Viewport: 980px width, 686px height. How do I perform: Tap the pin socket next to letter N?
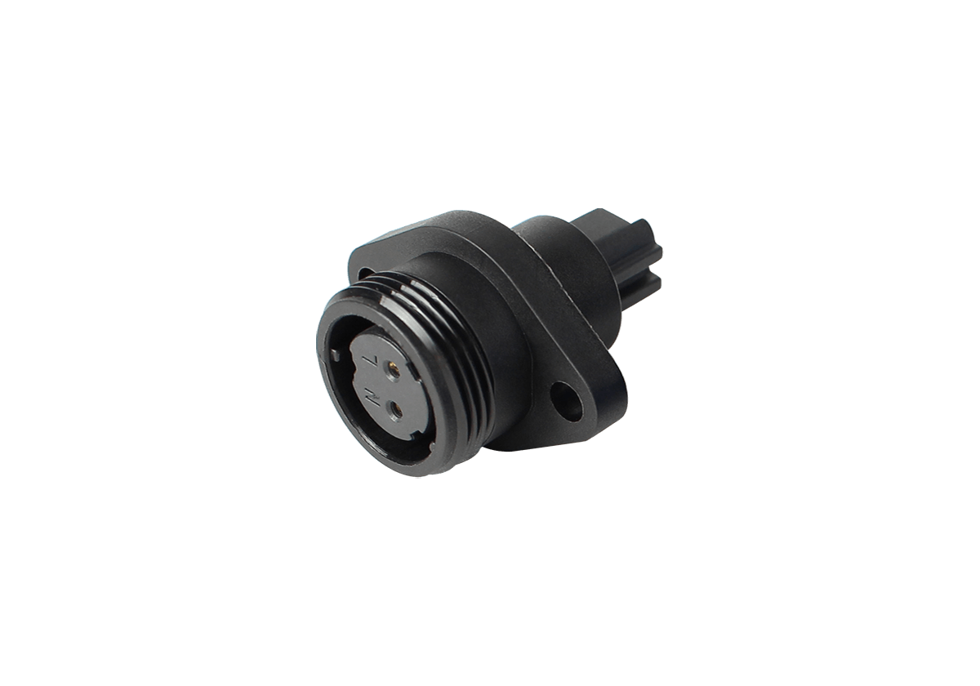tap(397, 410)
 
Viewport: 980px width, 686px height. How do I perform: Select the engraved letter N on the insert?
tap(372, 398)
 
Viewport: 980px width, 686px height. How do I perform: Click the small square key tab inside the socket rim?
tap(335, 355)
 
